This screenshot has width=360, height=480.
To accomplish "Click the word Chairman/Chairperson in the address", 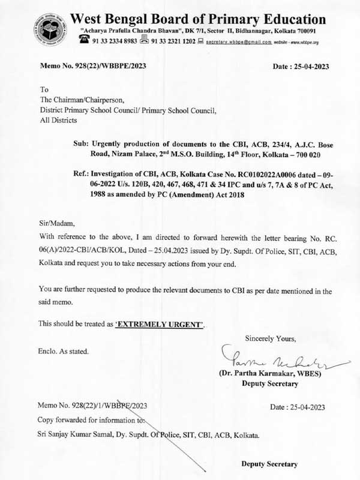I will (x=82, y=100).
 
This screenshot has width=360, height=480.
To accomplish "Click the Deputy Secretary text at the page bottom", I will (x=269, y=464).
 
